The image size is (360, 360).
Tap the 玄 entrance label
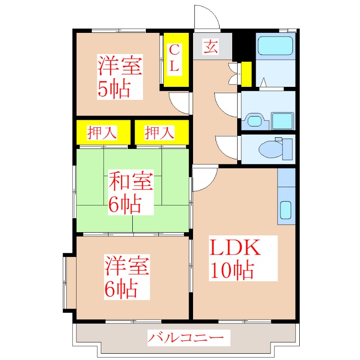tap(210, 46)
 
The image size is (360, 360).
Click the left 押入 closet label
tap(103, 132)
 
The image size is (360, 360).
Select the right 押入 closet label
tap(159, 132)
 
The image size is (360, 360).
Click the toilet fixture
tap(275, 148)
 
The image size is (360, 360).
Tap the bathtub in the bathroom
tap(275, 45)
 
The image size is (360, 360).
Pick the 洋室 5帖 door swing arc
tap(180, 103)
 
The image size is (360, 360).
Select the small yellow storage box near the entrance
tap(246, 74)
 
